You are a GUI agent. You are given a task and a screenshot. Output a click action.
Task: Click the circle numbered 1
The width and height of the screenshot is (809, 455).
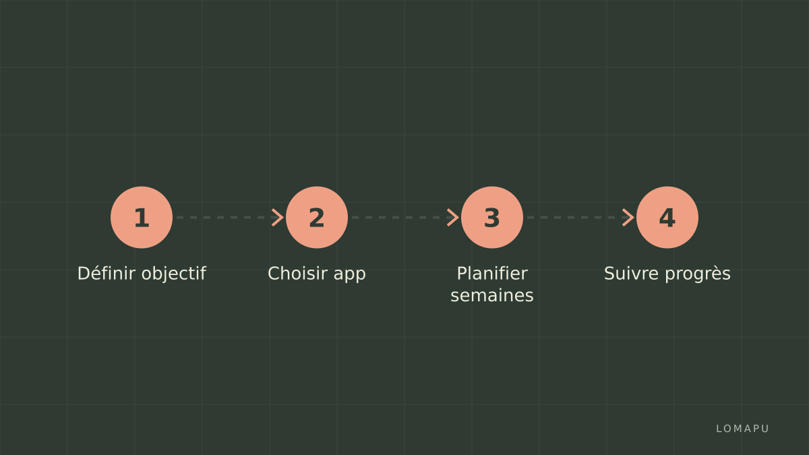coord(142,217)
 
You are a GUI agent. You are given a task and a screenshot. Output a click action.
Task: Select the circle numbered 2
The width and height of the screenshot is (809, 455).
coord(317,217)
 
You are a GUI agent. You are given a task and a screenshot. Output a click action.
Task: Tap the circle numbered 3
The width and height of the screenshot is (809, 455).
coord(492,217)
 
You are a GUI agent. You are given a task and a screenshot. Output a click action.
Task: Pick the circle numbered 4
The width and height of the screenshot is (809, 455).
coord(667,217)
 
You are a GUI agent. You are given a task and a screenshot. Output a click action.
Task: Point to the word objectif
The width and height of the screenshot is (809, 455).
coord(174,274)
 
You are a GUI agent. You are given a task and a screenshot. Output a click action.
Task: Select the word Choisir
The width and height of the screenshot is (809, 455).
coord(297,274)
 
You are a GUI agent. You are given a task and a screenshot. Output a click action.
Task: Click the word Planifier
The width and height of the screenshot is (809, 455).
coord(492,274)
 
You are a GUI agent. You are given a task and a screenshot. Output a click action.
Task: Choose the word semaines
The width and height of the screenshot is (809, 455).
coord(492,296)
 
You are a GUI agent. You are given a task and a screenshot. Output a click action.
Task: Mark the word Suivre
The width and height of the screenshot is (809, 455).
coord(632,274)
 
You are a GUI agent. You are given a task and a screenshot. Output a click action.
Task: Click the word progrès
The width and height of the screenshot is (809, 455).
coord(698,274)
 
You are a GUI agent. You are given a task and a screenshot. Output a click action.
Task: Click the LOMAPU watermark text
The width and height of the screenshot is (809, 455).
coord(742,429)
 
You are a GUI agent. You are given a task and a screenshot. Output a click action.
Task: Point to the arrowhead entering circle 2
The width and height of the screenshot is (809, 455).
coord(278,217)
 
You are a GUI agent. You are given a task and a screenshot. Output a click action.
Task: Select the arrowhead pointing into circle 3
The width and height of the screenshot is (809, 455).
coord(453,217)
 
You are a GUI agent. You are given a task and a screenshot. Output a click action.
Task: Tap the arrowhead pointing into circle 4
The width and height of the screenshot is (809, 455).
coord(628,217)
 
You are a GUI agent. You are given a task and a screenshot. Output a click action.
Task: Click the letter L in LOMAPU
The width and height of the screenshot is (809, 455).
coord(719,429)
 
